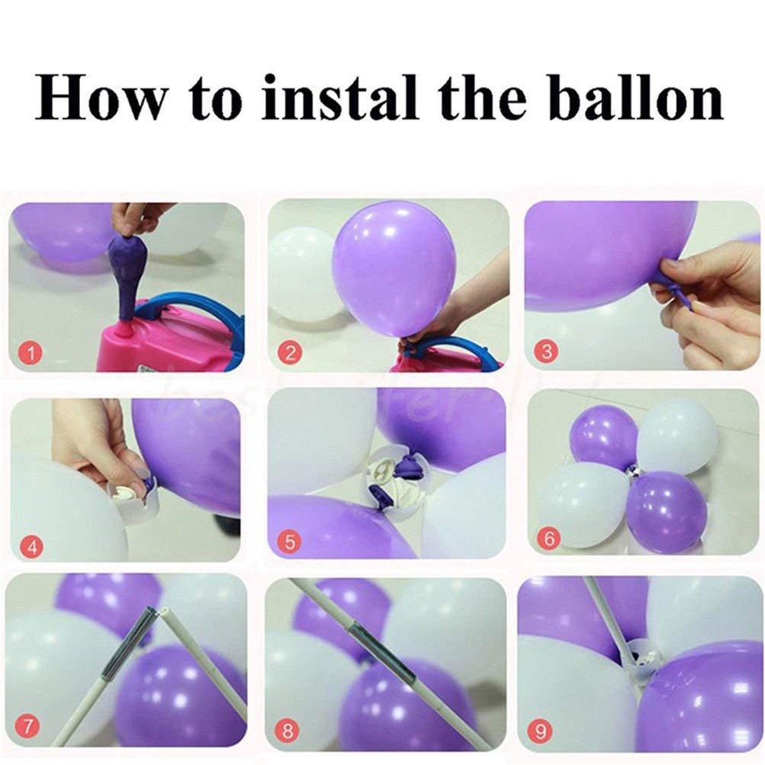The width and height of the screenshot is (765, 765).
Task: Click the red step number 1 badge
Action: (31, 352)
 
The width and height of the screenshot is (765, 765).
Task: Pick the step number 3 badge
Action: (546, 352)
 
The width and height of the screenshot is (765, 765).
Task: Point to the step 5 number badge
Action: (289, 543)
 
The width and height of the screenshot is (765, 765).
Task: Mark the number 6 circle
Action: (546, 538)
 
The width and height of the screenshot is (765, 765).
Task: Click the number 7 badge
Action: (27, 728)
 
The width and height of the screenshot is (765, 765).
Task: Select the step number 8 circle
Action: (288, 730)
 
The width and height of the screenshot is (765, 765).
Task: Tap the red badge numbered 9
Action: (542, 733)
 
